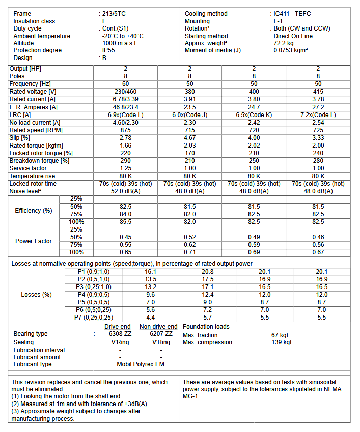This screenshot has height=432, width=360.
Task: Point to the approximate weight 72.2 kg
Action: (286, 43)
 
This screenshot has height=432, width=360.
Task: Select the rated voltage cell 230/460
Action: (125, 92)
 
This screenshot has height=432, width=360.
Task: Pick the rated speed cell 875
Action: (125, 130)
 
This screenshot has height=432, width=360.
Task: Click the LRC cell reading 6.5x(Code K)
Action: (254, 114)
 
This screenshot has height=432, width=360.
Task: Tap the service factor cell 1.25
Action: (125, 168)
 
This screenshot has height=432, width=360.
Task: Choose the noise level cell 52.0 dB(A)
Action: (125, 191)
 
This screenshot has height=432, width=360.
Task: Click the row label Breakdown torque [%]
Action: (39, 160)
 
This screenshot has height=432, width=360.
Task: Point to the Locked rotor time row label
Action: (33, 183)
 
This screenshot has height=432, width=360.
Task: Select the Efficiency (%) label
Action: (34, 210)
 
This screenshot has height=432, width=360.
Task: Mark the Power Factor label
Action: (34, 241)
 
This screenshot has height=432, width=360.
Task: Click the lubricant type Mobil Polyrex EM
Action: (141, 364)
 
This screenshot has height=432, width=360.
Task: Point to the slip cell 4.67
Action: (189, 137)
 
